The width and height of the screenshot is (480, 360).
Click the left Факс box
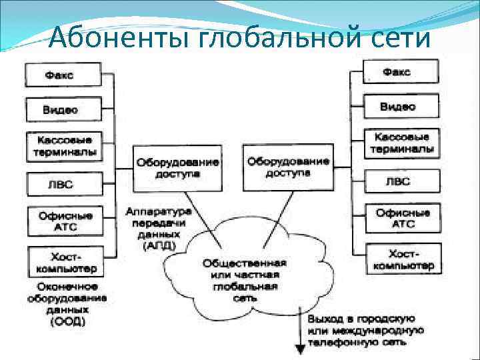63,75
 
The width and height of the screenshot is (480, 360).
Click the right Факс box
400,71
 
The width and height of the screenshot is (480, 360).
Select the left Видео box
63,110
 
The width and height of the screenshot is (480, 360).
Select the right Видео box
400,106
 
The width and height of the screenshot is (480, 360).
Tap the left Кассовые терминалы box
63,146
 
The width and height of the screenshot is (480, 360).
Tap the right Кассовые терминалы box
400,143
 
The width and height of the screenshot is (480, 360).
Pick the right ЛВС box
400,181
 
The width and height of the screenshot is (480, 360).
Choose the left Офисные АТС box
63,221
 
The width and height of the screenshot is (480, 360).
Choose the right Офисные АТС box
400,219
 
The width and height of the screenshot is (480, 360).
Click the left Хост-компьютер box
63,261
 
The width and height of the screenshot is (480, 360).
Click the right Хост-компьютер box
400,259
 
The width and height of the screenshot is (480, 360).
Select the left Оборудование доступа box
177,167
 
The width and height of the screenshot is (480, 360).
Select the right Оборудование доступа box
287,167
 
